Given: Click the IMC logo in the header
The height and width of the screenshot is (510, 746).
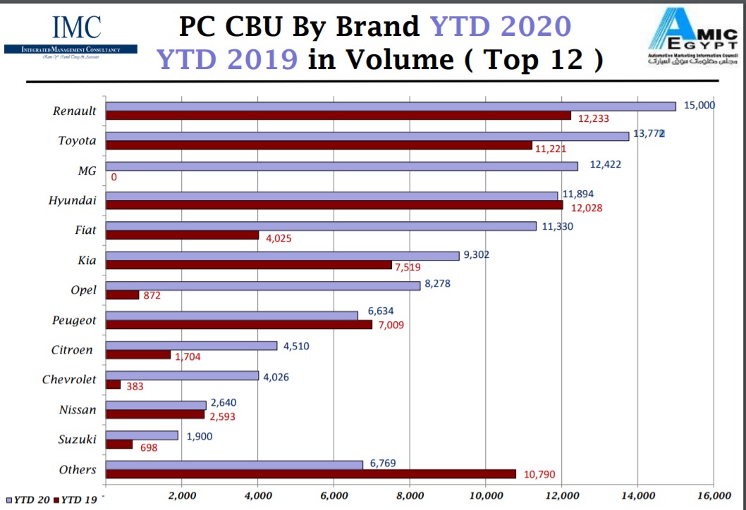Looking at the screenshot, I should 71,35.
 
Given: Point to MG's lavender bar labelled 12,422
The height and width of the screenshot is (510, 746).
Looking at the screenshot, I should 341,166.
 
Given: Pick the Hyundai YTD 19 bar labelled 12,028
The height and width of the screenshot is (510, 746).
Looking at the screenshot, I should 334,205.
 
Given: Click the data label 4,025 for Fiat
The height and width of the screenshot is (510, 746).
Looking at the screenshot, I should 279,238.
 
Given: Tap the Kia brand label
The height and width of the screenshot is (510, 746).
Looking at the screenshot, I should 87,261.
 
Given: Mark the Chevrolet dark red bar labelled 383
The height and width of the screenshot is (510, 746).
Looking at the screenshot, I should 113,385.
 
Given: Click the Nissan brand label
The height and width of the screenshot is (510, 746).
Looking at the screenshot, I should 78,409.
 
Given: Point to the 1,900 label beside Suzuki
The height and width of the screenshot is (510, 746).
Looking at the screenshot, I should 200,437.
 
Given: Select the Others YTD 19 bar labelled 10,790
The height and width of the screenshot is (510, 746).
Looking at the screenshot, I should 310,474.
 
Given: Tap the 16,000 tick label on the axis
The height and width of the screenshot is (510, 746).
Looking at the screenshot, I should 713,496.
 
